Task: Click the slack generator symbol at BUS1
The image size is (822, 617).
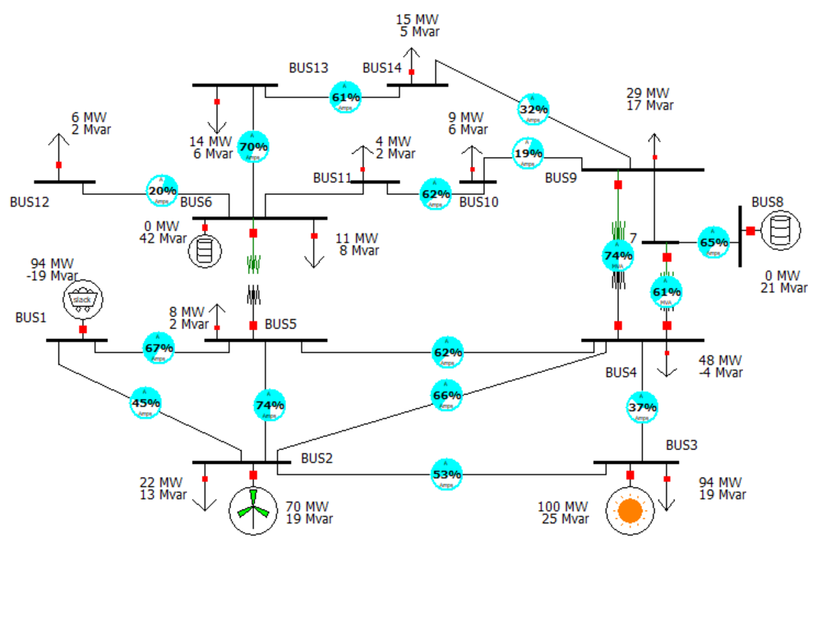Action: [x=83, y=299]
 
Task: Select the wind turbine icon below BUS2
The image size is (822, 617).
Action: [x=253, y=510]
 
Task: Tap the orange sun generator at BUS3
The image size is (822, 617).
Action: [x=630, y=511]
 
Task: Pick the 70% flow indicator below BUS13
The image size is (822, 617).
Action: [x=253, y=147]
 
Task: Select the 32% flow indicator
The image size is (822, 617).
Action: [x=533, y=109]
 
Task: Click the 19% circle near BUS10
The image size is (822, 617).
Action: [x=529, y=153]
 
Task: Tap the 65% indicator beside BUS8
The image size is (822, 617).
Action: [x=713, y=243]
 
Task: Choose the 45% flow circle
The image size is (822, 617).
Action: [x=145, y=403]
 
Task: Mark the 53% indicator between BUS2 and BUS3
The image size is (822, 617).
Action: [x=446, y=475]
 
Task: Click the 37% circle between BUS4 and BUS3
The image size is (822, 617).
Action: [x=642, y=407]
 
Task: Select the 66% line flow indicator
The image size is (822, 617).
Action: [x=446, y=395]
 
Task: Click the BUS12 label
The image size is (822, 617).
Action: [x=30, y=201]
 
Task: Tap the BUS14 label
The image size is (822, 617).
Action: [x=382, y=67]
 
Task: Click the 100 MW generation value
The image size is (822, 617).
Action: [x=563, y=507]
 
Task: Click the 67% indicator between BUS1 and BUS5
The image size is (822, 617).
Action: [x=159, y=348]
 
